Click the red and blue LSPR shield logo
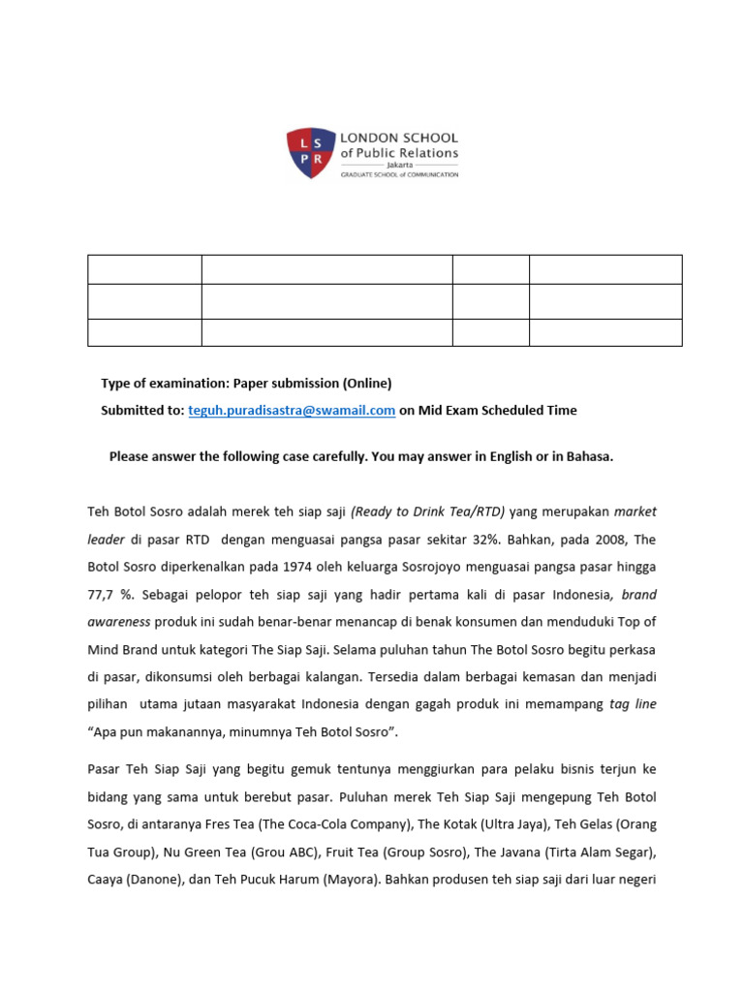[310, 153]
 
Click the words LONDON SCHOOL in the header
[398, 139]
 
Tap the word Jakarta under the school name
[399, 165]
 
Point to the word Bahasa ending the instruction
[587, 456]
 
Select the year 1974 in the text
[277, 566]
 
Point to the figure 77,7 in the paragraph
[103, 594]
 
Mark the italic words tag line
[632, 704]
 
